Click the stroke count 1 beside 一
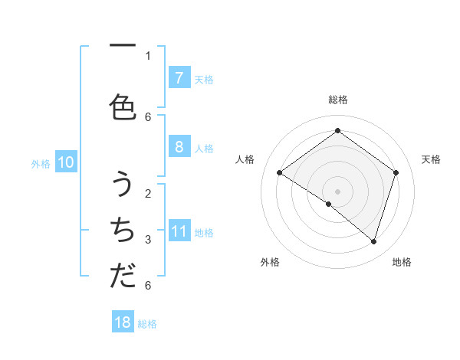click(148, 55)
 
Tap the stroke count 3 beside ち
click(148, 239)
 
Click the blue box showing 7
click(179, 77)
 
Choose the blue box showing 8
click(179, 146)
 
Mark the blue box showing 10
click(65, 162)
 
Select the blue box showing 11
click(179, 231)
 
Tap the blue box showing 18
click(123, 322)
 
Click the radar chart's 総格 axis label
click(337, 100)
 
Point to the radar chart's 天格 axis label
click(431, 159)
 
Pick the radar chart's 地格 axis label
click(402, 262)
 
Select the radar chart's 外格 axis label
click(270, 262)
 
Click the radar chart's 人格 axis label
click(245, 159)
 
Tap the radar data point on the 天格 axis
click(396, 172)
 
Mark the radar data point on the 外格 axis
click(329, 204)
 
